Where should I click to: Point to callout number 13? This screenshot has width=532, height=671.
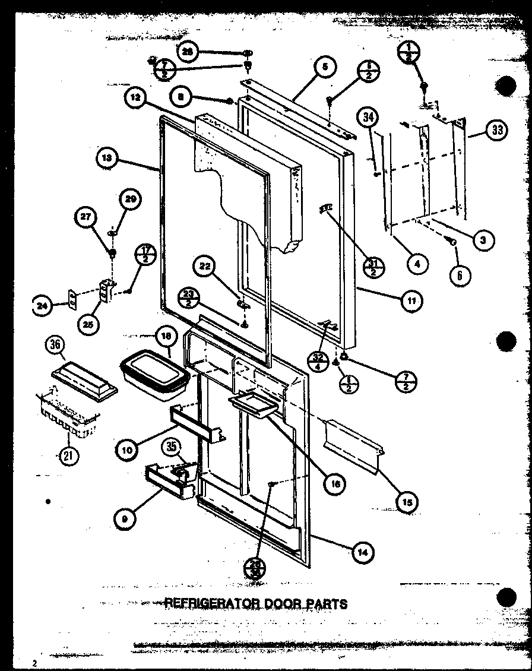(107, 159)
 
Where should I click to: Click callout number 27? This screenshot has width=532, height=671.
(86, 217)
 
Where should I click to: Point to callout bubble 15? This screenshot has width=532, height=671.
(406, 502)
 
